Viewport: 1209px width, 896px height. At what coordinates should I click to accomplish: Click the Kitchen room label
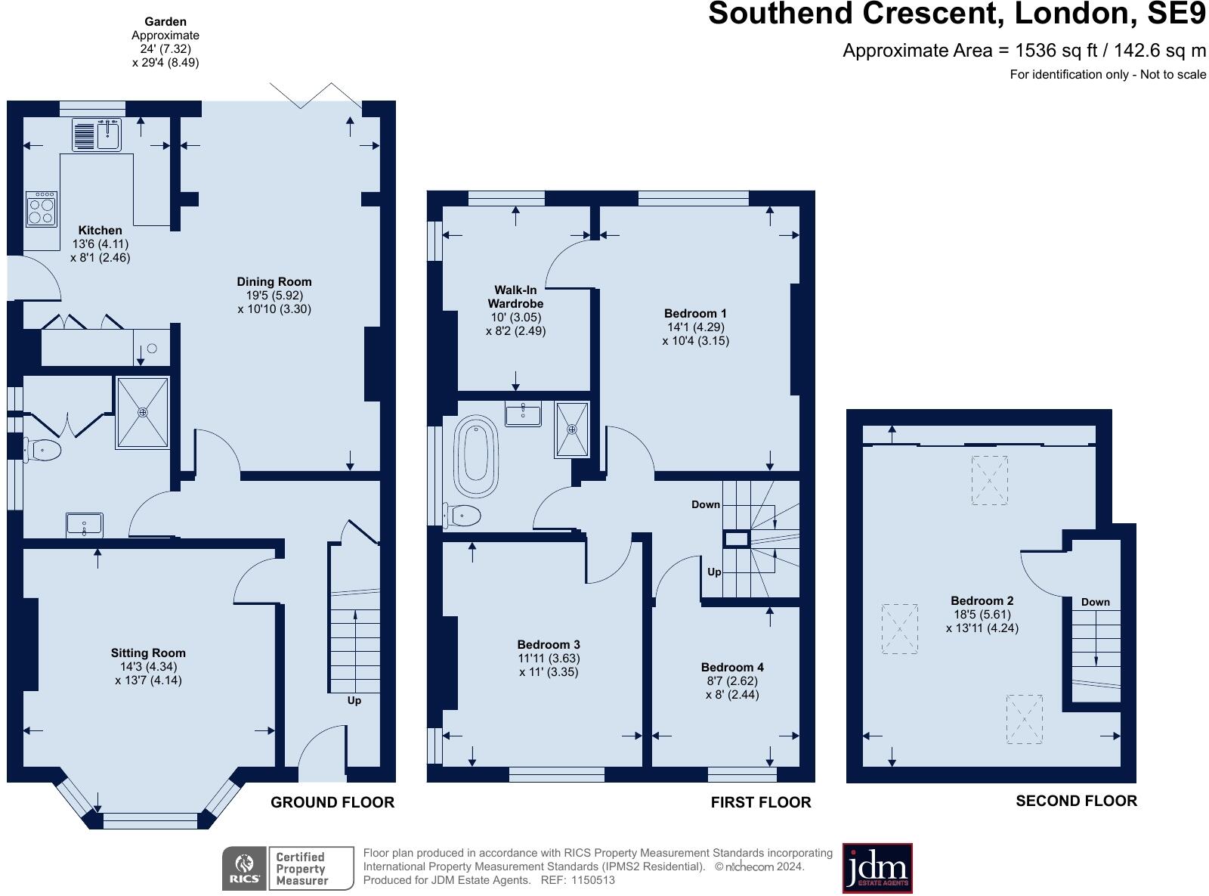[x=100, y=231]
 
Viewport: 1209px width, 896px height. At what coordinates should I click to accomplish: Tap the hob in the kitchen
[x=41, y=209]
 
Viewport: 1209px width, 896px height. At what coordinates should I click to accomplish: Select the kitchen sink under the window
[x=97, y=135]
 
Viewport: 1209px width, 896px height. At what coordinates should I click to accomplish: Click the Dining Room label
[x=274, y=282]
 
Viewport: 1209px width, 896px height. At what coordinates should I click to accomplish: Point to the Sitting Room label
[x=148, y=653]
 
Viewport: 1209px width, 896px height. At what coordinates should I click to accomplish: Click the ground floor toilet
[x=42, y=451]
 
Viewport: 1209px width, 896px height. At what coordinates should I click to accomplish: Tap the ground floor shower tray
[x=142, y=413]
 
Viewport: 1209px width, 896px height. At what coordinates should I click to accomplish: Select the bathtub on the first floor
[x=475, y=453]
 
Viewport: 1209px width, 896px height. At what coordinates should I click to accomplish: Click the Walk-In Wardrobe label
[x=515, y=296]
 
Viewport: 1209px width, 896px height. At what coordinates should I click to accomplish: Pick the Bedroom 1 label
[x=695, y=314]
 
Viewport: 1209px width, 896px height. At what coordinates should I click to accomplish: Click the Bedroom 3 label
[x=549, y=645]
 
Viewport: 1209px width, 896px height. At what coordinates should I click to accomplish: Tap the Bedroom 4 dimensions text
[x=731, y=687]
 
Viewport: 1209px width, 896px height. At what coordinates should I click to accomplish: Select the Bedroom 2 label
[x=982, y=601]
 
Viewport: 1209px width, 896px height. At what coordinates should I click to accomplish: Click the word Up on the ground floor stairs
[x=354, y=700]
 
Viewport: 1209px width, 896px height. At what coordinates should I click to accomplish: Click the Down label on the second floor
[x=1095, y=602]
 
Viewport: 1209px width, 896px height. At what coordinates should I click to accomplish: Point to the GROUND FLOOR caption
[x=332, y=802]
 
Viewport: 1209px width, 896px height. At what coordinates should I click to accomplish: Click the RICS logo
[x=244, y=868]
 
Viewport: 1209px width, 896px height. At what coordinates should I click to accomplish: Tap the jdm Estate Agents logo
[x=877, y=868]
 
